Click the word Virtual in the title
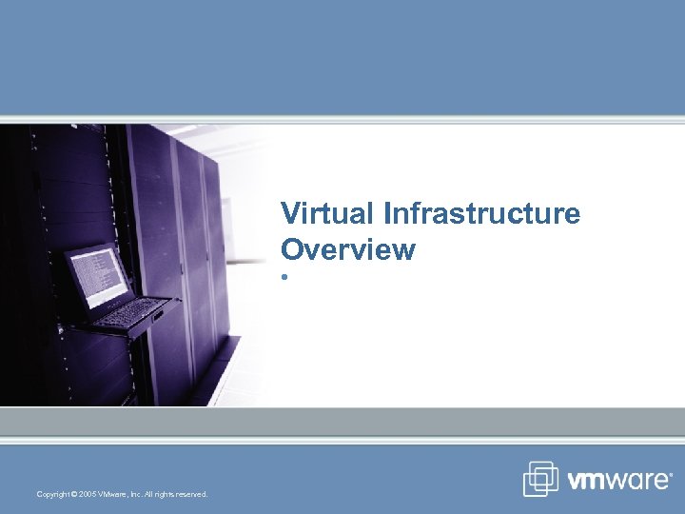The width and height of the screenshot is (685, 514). (x=327, y=213)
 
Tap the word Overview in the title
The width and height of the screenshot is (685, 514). (x=348, y=249)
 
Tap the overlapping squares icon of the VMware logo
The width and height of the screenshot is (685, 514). (x=540, y=479)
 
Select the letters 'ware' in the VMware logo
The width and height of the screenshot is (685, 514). (x=638, y=481)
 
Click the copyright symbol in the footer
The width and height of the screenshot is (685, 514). (x=74, y=494)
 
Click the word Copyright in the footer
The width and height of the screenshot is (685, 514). (x=52, y=494)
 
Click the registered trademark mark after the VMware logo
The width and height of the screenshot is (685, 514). (x=672, y=473)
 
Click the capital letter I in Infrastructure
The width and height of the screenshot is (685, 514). (x=387, y=213)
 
